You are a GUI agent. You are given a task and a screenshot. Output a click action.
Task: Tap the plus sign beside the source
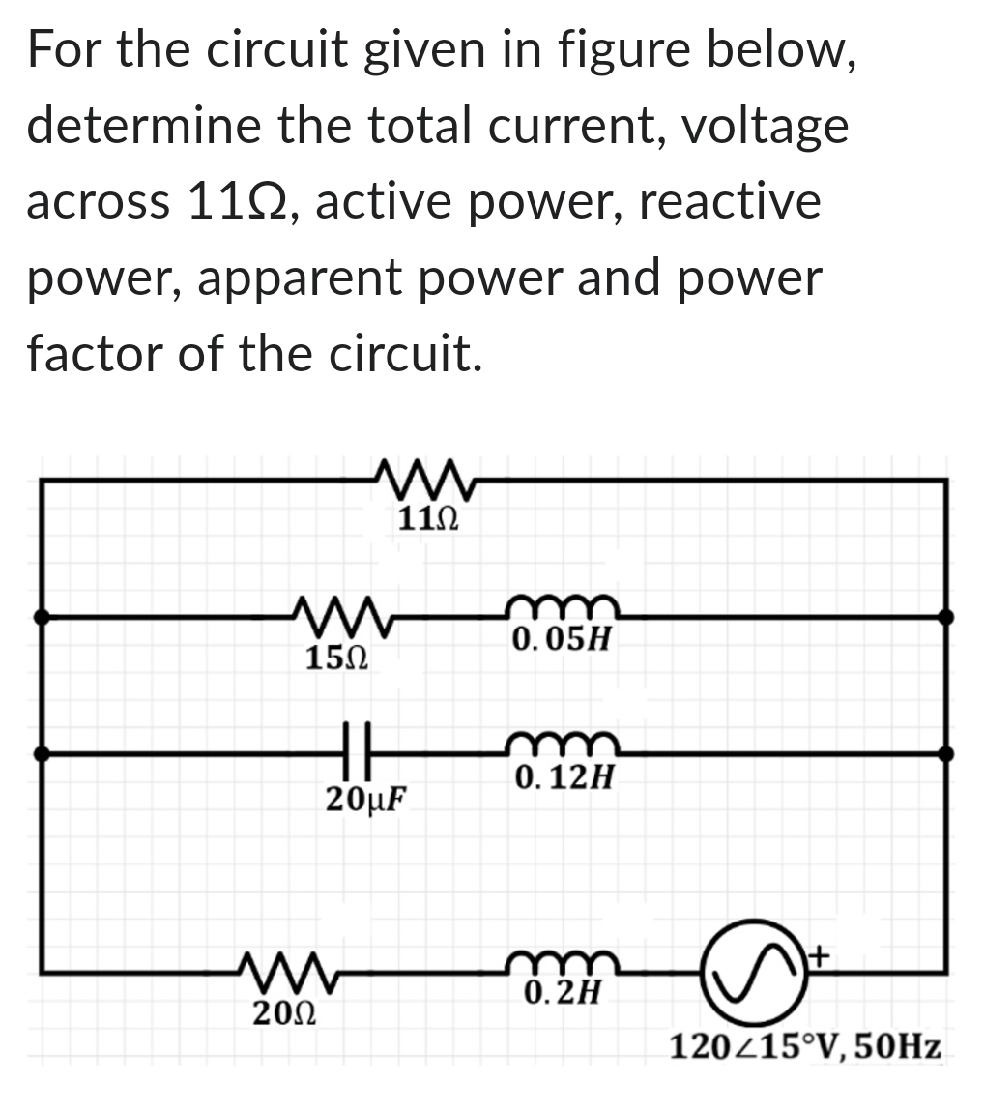click(x=818, y=954)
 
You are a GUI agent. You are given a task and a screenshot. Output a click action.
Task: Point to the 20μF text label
click(x=363, y=799)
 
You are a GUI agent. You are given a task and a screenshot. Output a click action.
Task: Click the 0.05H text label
click(x=562, y=639)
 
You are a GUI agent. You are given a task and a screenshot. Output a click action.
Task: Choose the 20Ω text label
click(x=283, y=1013)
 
